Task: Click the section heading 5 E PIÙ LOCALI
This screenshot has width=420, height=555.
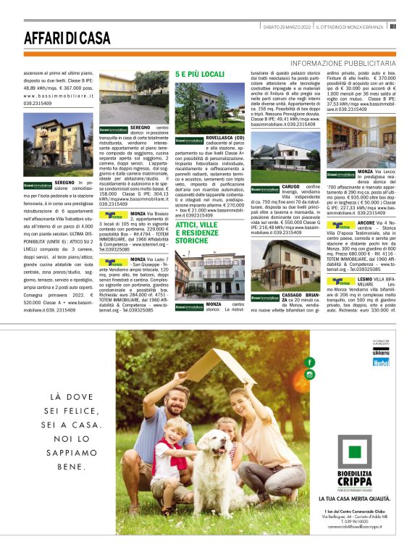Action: (200, 75)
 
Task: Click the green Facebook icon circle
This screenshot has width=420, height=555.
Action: (310, 362)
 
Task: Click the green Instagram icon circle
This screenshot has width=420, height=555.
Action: (310, 375)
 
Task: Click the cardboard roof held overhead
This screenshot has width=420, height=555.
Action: (217, 366)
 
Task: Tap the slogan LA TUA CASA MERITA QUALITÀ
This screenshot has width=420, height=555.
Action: (354, 499)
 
